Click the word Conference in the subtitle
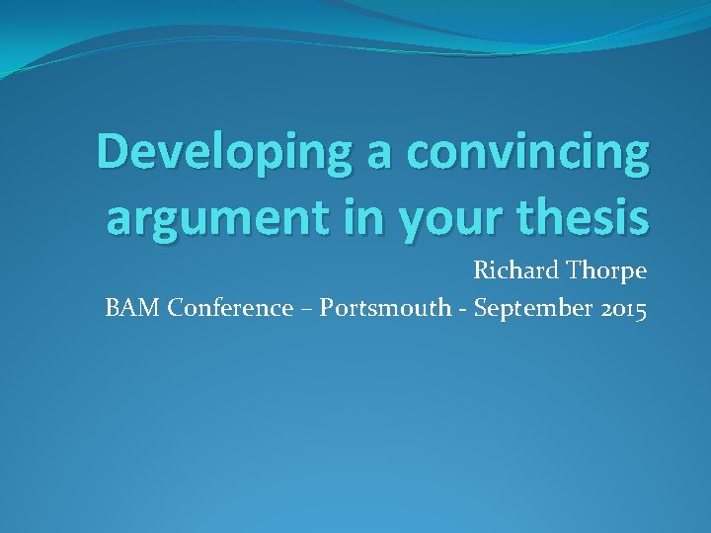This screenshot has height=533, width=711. coord(230,308)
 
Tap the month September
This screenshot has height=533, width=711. coord(534,309)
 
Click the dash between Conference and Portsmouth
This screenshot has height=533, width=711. coord(306,309)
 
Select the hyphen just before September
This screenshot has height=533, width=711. coord(464,310)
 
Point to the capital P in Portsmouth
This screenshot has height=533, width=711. coord(327,308)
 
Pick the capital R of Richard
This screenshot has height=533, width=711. coord(480,269)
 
